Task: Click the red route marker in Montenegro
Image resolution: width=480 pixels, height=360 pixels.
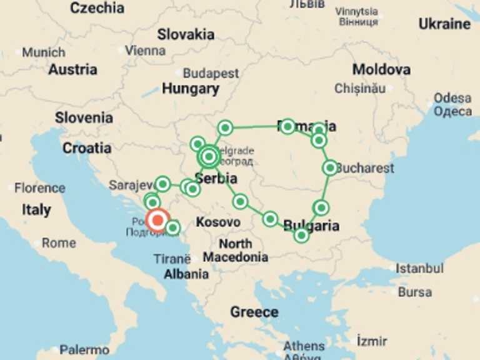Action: (x=157, y=220)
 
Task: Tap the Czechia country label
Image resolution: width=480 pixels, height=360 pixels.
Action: (x=97, y=8)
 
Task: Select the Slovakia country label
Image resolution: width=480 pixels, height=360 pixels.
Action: (x=186, y=34)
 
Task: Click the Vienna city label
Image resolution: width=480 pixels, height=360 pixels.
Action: (x=146, y=50)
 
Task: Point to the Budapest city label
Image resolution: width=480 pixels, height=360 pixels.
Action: (x=211, y=74)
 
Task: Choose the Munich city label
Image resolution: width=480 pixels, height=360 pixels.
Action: (x=43, y=52)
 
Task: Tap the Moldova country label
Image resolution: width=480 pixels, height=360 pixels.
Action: (x=381, y=69)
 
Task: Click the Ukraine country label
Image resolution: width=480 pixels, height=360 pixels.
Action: (x=444, y=24)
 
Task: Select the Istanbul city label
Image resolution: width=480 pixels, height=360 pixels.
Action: (x=419, y=268)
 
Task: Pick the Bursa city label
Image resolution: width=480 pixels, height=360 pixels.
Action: (x=415, y=292)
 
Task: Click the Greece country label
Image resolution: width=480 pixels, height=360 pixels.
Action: (x=254, y=312)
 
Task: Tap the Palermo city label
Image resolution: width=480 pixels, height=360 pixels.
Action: (x=84, y=350)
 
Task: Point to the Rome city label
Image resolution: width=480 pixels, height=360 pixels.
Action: (x=59, y=243)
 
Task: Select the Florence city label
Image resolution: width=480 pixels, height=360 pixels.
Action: (x=39, y=187)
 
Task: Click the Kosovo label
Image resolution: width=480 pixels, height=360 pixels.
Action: (x=218, y=222)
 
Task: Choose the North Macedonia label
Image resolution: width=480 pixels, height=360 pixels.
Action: (x=236, y=251)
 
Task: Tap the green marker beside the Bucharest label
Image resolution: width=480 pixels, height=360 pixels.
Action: (x=330, y=167)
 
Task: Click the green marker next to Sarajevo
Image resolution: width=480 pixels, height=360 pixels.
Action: (x=162, y=184)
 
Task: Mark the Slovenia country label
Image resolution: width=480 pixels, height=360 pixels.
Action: (x=84, y=117)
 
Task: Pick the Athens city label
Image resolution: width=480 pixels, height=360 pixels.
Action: (x=304, y=346)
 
